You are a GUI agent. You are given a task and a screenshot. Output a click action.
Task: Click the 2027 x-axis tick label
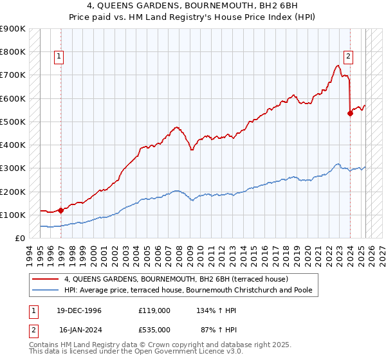[380, 251]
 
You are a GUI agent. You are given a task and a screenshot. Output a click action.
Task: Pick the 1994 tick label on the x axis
[28, 251]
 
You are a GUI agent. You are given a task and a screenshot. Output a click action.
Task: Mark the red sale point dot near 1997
[60, 210]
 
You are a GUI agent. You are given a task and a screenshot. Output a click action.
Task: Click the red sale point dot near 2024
[351, 113]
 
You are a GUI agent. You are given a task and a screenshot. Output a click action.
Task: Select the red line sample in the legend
[45, 278]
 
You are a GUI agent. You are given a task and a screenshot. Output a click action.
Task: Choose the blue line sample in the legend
[45, 290]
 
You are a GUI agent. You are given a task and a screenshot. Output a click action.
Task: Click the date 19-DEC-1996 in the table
[80, 310]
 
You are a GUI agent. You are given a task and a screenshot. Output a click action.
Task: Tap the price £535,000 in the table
[154, 329]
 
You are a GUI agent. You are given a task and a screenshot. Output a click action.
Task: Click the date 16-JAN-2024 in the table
[80, 329]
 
